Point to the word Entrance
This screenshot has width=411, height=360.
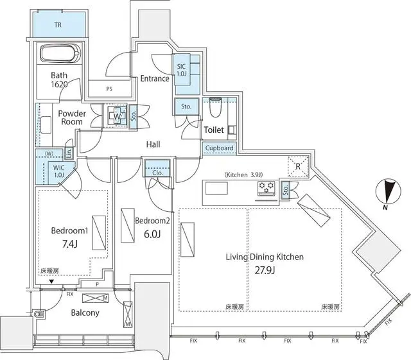(x=155, y=79)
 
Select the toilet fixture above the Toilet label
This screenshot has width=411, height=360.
(x=215, y=110)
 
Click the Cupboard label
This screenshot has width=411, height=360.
(x=220, y=148)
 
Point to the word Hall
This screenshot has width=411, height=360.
(x=153, y=145)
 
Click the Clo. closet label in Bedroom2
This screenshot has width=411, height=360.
(x=157, y=172)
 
